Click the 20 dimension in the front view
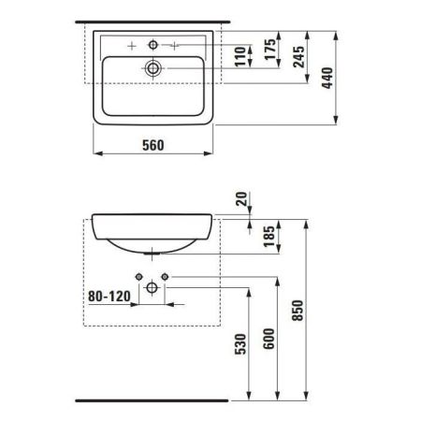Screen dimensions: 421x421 pos(243,200)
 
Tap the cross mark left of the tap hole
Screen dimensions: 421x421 pos(132,44)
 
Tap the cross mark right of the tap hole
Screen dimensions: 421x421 pos(175,44)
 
